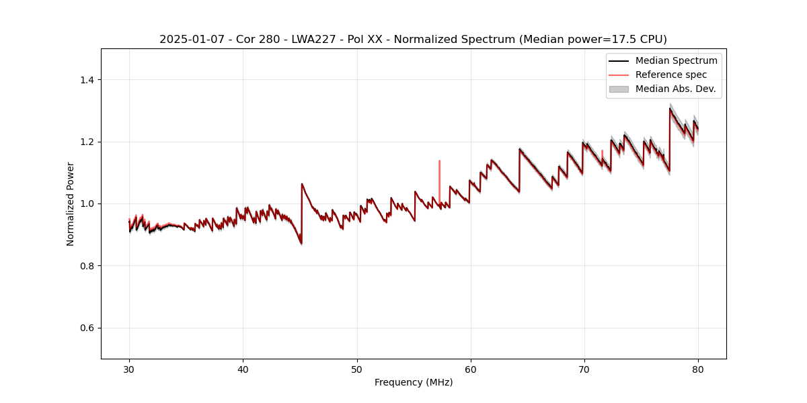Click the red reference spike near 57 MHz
point(439,162)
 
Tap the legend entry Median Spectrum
point(676,60)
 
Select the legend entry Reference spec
point(670,75)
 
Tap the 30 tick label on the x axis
point(129,369)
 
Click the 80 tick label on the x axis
point(698,369)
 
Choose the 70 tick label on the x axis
point(584,369)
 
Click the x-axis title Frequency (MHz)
point(414,382)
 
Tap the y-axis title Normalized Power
point(70,204)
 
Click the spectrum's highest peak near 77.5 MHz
point(670,109)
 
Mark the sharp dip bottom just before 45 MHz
point(301,242)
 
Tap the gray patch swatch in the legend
point(619,89)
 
